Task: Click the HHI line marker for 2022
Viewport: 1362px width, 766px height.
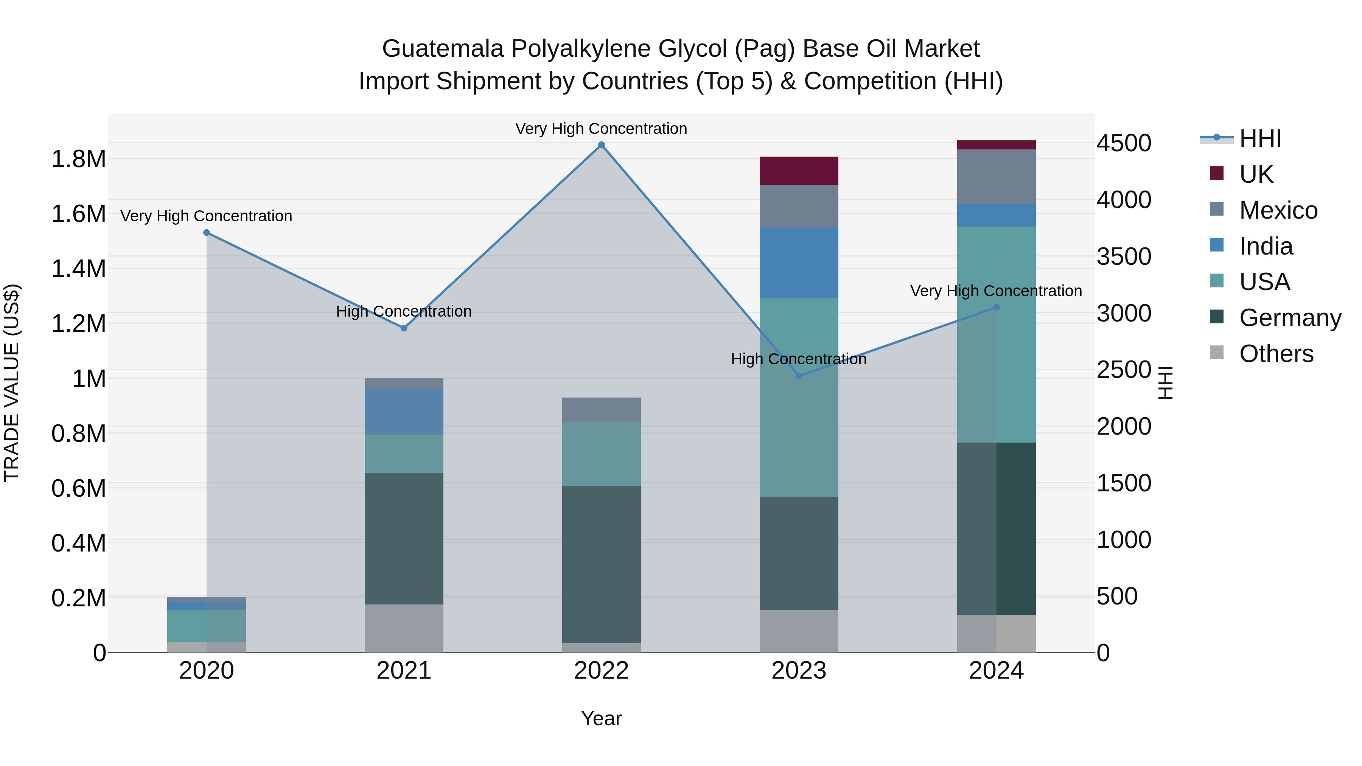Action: click(x=601, y=145)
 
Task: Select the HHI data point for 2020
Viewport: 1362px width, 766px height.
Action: click(x=207, y=233)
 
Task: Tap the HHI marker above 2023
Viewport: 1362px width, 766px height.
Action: click(x=799, y=376)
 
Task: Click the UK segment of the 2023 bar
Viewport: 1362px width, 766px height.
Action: click(x=799, y=171)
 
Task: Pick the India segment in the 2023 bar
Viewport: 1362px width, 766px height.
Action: click(x=799, y=263)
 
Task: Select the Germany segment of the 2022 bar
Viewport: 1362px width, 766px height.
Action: click(x=601, y=564)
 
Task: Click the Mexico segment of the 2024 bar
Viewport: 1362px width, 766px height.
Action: click(x=996, y=177)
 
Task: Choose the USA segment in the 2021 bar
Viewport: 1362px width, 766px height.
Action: click(x=404, y=454)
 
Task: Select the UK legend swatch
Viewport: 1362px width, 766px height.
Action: click(x=1217, y=173)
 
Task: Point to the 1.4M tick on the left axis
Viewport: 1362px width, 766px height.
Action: click(x=78, y=269)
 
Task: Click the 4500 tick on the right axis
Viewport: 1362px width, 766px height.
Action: click(x=1124, y=143)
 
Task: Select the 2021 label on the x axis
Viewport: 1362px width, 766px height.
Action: click(x=404, y=671)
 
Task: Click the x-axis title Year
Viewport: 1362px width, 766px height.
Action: click(x=601, y=718)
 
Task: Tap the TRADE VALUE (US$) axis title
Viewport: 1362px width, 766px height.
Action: click(x=12, y=383)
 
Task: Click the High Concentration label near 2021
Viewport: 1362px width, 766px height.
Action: click(x=404, y=311)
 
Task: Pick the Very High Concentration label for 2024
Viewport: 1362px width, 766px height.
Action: click(x=996, y=291)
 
